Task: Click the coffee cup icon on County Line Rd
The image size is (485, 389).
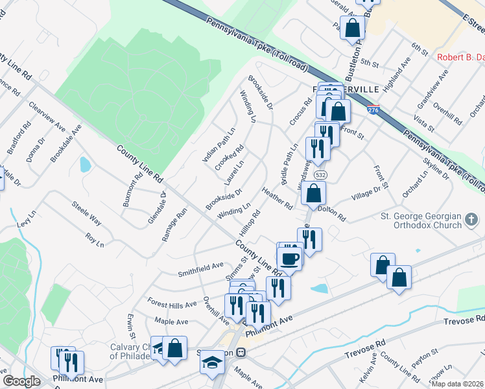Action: coord(290,257)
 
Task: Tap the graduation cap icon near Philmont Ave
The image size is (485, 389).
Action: coord(212,362)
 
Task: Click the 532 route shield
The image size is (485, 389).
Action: coord(319,175)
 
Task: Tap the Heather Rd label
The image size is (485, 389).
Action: coord(278,198)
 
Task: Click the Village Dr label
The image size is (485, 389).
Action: coord(366,193)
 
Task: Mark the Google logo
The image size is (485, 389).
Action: coord(21,381)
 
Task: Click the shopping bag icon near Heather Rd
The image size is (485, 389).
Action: coord(313,193)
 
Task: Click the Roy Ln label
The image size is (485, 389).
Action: coord(94,239)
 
